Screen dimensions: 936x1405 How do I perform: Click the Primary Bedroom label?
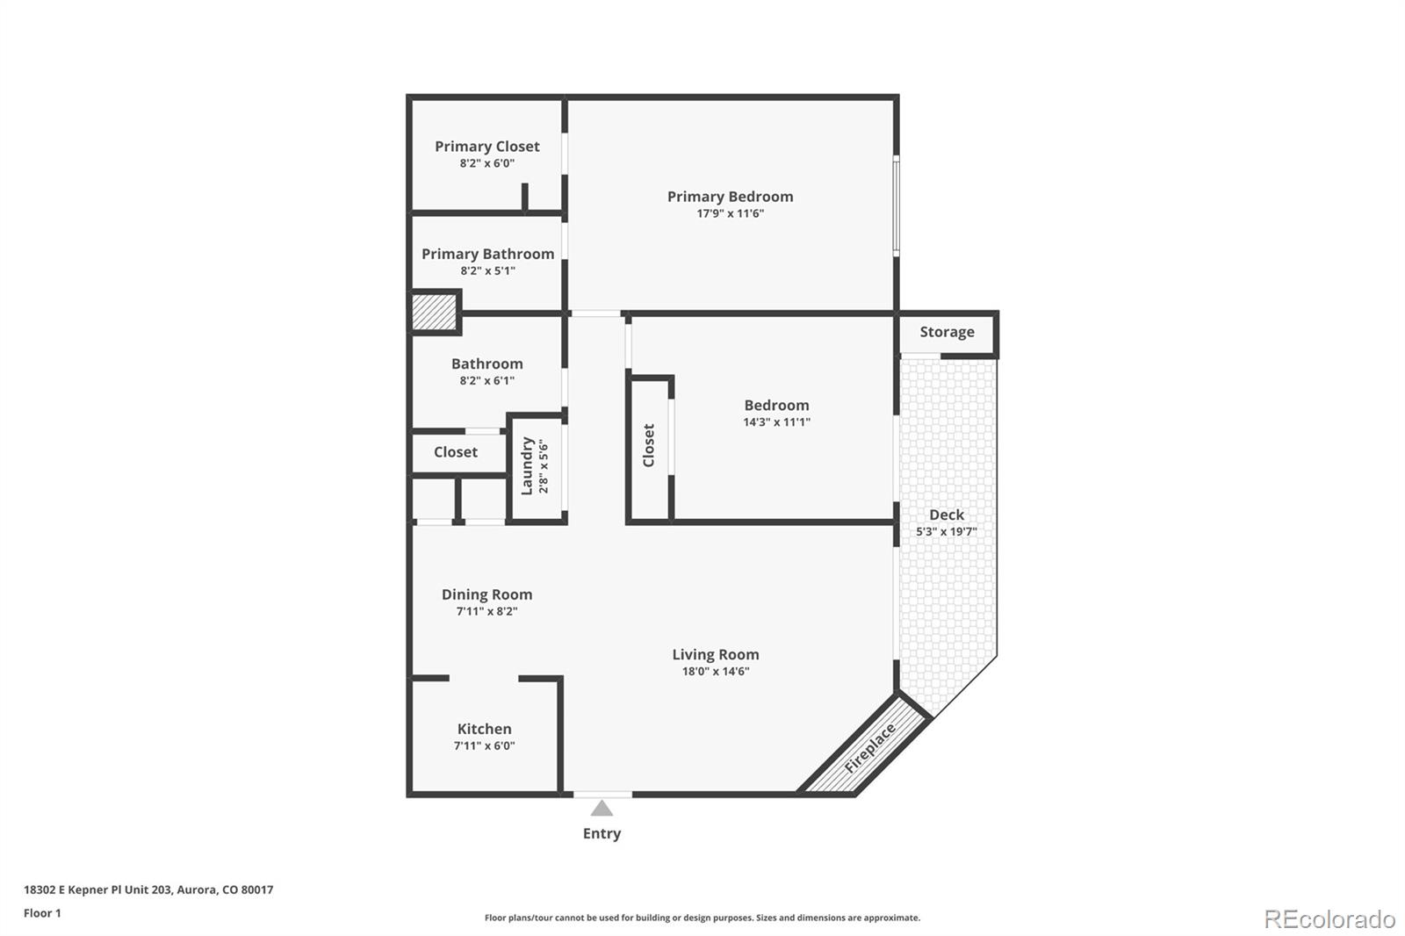(x=730, y=197)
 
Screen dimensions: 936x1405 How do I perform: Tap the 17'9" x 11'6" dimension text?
(x=730, y=213)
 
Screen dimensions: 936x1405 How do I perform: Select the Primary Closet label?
(x=486, y=147)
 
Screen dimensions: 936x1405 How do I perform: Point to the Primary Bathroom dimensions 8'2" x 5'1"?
(x=487, y=270)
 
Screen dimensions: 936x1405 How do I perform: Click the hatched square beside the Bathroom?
(x=435, y=313)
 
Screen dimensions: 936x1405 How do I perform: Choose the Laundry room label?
(x=527, y=466)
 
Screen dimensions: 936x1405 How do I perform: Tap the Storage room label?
(x=947, y=332)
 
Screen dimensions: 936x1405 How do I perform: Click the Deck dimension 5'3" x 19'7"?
(x=946, y=531)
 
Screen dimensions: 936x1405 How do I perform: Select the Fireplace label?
(x=869, y=747)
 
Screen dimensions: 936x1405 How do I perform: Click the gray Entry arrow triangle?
(x=602, y=809)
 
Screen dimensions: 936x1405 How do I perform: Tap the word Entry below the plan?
(x=602, y=833)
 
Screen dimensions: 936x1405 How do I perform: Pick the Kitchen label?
(x=484, y=729)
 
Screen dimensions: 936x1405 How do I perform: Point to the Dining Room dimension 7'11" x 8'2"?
(x=486, y=611)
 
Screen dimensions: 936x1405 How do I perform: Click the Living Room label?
(x=715, y=654)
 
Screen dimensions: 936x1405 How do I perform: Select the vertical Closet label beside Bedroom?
(x=649, y=445)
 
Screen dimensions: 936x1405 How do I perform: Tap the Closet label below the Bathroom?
(x=455, y=452)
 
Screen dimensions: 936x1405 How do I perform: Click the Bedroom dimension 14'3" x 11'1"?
(x=776, y=421)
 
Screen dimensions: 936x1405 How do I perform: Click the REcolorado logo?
(x=1329, y=919)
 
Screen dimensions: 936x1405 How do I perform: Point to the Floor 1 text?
(x=42, y=913)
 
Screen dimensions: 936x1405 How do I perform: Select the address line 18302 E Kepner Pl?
(x=148, y=889)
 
